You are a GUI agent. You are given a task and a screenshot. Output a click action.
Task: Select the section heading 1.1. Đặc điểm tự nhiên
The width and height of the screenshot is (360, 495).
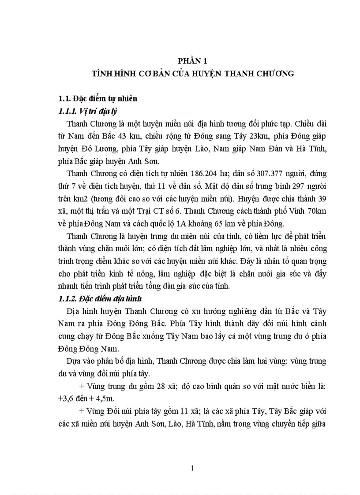point(98,98)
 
